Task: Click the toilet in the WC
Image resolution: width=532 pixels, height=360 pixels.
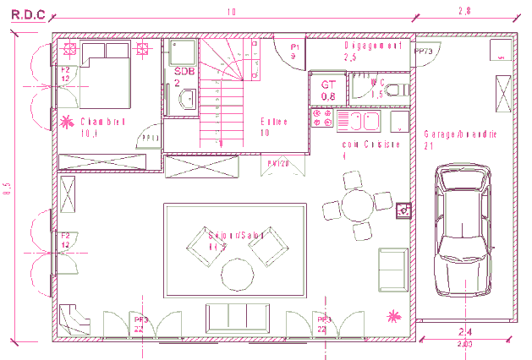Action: click(398, 88)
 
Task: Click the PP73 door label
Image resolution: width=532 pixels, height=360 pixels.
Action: click(423, 52)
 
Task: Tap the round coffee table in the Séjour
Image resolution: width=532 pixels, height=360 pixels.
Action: click(236, 275)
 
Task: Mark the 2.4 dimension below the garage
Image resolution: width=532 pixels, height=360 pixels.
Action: click(464, 331)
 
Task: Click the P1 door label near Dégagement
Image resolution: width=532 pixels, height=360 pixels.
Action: click(294, 46)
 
